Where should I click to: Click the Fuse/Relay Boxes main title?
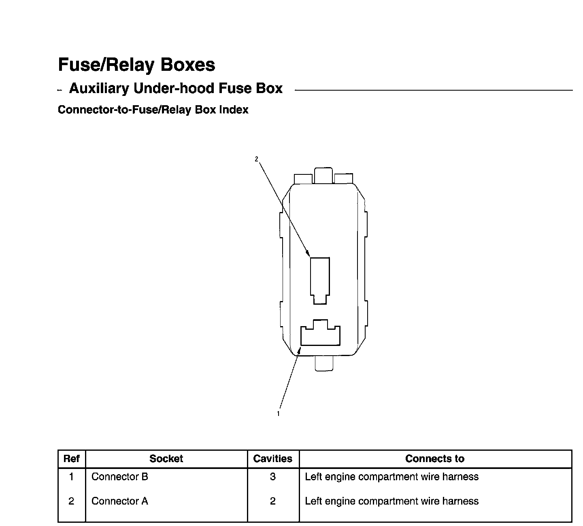point(136,65)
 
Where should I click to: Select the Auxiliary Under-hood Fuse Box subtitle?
point(176,88)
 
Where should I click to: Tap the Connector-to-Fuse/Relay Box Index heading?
point(153,110)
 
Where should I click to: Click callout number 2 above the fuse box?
point(256,159)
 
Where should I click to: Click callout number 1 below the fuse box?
point(278,414)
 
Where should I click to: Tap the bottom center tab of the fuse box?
point(323,363)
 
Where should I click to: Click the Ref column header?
point(72,459)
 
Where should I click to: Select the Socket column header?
point(166,459)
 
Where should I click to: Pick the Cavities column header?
point(272,459)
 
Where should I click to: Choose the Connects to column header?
point(435,459)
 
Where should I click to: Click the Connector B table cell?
point(120,477)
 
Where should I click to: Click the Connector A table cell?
point(120,501)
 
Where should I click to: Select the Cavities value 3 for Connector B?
point(273,477)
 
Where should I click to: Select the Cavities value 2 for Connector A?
point(273,501)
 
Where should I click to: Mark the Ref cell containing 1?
point(72,477)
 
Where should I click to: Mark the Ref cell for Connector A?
point(72,501)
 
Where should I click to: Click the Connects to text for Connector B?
point(392,477)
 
